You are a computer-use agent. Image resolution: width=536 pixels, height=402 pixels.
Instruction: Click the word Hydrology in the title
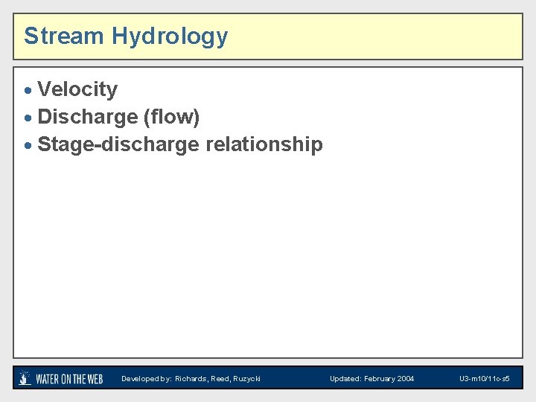[170, 36]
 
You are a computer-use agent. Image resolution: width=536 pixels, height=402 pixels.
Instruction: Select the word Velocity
[77, 89]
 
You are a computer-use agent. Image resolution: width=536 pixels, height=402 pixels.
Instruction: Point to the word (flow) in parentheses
[171, 117]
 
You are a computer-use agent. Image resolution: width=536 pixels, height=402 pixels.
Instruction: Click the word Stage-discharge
[118, 144]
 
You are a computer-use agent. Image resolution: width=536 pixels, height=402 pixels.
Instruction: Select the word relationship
[264, 144]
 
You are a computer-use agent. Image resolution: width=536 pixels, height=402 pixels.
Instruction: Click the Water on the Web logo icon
[25, 378]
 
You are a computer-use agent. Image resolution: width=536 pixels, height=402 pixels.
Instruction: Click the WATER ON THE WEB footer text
[69, 379]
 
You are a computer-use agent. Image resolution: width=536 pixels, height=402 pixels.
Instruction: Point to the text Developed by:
[146, 379]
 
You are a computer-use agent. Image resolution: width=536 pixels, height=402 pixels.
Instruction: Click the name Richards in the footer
[191, 379]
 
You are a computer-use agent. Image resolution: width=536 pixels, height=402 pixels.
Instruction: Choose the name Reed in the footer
[221, 379]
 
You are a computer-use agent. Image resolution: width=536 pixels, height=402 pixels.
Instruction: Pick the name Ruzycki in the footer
[247, 379]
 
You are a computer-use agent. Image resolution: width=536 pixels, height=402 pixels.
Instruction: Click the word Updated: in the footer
[345, 379]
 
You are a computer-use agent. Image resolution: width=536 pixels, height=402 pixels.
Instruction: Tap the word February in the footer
[380, 379]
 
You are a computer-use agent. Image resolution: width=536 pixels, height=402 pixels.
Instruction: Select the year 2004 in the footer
[406, 379]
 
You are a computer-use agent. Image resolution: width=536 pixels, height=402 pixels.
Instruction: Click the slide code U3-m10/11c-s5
[484, 379]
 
